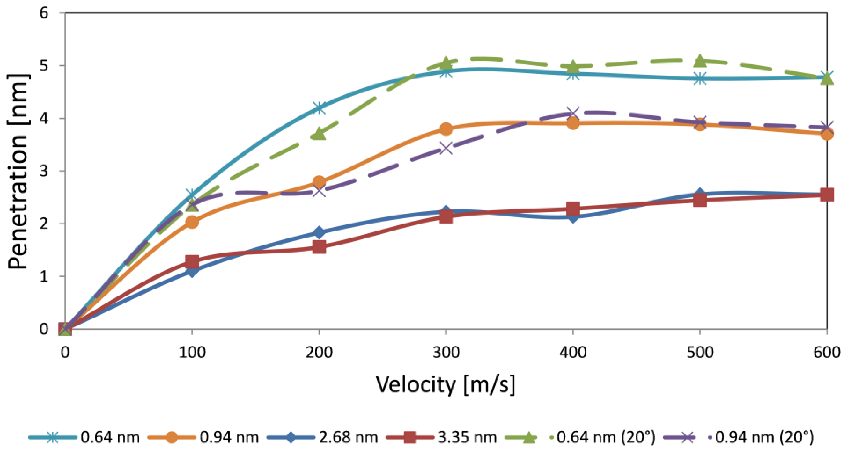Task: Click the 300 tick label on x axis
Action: point(446,353)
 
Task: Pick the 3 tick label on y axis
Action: point(44,171)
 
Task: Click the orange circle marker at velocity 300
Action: point(446,129)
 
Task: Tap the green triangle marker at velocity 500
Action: point(700,60)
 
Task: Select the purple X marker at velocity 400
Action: point(573,113)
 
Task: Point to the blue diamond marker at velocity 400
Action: point(573,217)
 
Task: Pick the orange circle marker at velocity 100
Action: point(192,222)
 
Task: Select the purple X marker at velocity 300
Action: point(446,148)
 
